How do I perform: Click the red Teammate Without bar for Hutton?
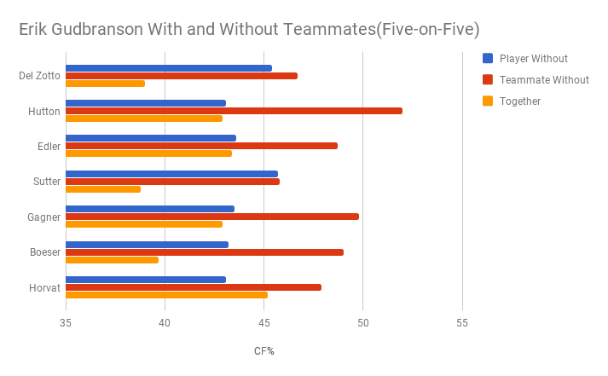coord(234,111)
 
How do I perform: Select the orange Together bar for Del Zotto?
coord(105,84)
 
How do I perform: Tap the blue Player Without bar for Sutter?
coord(171,174)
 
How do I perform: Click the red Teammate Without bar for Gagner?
coord(212,217)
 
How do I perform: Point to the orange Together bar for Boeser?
coord(112,260)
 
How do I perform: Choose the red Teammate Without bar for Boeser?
coord(205,252)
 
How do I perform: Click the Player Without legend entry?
coord(533,59)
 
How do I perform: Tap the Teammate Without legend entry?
coord(544,80)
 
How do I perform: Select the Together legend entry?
coord(520,101)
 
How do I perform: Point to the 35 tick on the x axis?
coord(66,323)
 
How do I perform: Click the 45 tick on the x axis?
coord(263,323)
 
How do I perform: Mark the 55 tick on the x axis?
coord(462,323)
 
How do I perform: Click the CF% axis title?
coord(263,351)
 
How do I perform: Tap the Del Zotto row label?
coord(39,76)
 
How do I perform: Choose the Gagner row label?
coord(43,217)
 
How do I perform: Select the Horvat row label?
coord(44,288)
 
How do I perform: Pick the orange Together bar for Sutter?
coord(103,189)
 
